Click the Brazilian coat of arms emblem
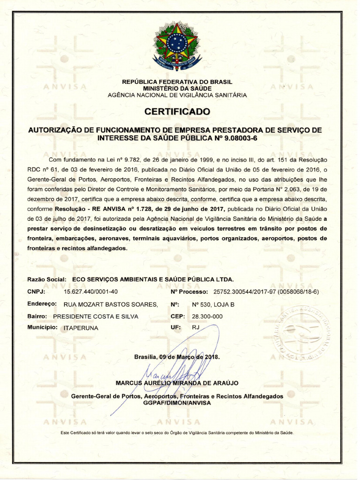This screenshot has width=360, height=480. tap(177, 46)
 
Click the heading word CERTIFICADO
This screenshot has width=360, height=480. tap(177, 112)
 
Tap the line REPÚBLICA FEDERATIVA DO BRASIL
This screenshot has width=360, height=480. tap(177, 82)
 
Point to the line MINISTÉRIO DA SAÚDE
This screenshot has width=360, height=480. tap(177, 88)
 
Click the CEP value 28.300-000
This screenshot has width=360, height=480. tap(207, 316)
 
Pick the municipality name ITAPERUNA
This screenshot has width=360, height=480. tap(81, 328)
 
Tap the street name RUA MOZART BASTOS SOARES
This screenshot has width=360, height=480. tap(111, 304)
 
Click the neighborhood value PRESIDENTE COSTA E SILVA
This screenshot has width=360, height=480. tap(96, 316)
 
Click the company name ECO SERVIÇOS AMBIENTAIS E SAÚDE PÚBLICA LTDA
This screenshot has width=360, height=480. tap(153, 279)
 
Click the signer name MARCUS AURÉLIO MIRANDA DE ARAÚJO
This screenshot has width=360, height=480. tap(177, 383)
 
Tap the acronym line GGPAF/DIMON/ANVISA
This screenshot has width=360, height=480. tap(177, 403)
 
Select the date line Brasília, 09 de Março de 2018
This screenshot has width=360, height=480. tap(177, 357)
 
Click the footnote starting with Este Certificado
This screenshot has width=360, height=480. tap(177, 433)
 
